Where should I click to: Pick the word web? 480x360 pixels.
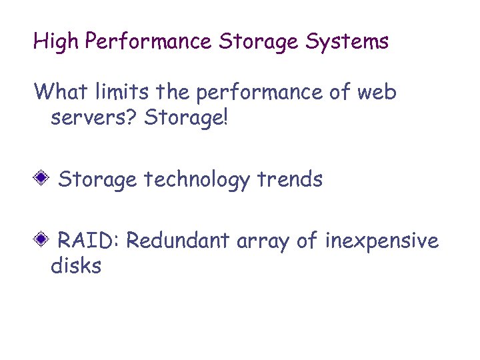pyautogui.click(x=377, y=91)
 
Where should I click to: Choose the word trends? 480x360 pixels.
pyautogui.click(x=290, y=179)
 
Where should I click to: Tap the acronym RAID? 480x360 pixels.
pyautogui.click(x=88, y=240)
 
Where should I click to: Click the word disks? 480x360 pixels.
pyautogui.click(x=76, y=267)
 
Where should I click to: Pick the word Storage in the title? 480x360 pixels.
pyautogui.click(x=259, y=42)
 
